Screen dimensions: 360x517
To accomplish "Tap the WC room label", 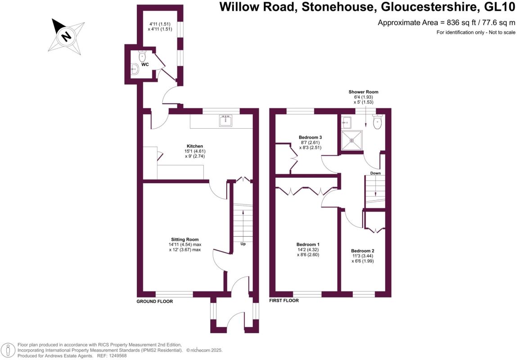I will click(145, 65).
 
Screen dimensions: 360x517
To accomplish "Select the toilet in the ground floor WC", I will click(143, 57).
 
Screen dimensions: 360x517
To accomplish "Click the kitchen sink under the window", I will click(225, 121).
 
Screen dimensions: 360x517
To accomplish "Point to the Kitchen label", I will click(195, 146).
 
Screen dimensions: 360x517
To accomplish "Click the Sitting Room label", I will click(184, 239).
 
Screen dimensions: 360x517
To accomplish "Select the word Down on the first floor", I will click(376, 173).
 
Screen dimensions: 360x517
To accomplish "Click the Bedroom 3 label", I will click(310, 137).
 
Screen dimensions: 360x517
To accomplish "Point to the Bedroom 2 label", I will click(363, 251).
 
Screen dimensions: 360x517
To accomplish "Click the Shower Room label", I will click(363, 92).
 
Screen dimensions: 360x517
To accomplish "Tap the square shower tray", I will click(352, 139).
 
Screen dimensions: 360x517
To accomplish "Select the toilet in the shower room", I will click(377, 122).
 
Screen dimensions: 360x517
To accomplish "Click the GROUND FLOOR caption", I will click(155, 301).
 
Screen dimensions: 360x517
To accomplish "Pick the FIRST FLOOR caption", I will click(283, 300).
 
